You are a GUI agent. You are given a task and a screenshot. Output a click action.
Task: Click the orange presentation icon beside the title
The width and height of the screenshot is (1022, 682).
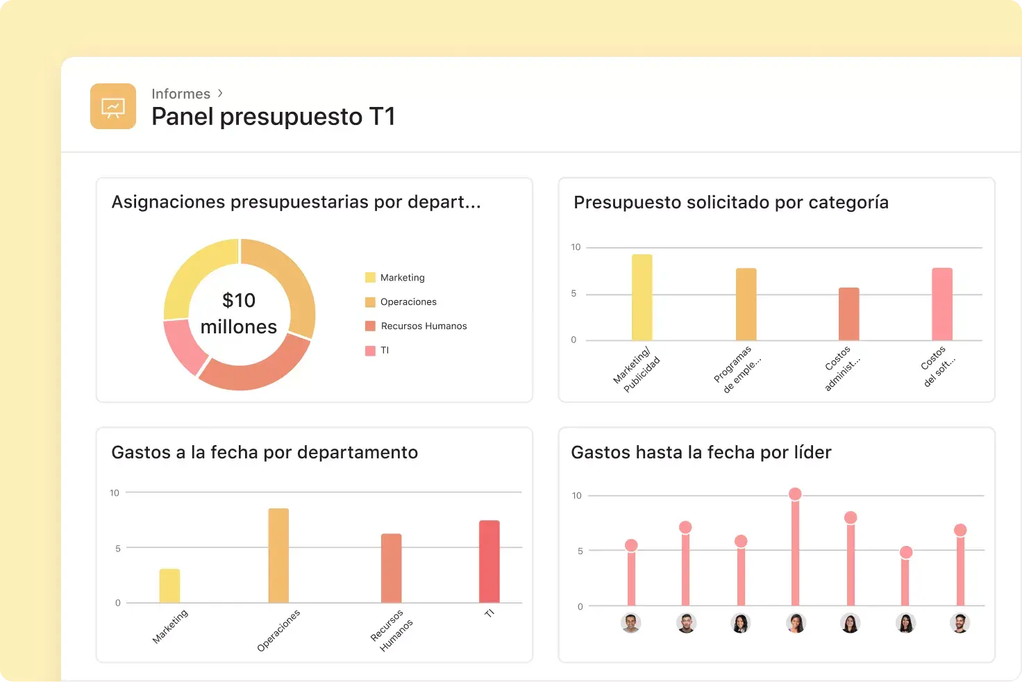coord(112,106)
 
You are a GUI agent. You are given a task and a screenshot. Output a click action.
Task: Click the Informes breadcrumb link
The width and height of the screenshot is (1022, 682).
coord(181,94)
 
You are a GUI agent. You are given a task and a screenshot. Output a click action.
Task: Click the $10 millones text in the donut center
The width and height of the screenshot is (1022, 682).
coord(239,313)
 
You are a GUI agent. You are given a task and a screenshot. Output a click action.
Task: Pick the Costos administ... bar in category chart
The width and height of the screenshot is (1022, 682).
coord(848,314)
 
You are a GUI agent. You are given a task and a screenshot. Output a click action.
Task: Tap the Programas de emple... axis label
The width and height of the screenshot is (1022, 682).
coord(737,369)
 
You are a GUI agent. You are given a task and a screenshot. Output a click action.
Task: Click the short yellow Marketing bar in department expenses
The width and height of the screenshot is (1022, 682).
coord(169,585)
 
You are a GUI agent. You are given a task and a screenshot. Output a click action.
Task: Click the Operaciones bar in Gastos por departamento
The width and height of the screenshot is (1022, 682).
coord(278,556)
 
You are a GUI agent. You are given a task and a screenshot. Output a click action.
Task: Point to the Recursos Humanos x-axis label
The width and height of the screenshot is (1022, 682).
coord(392,631)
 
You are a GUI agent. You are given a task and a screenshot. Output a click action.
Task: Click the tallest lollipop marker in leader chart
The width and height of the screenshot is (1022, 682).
coord(795,494)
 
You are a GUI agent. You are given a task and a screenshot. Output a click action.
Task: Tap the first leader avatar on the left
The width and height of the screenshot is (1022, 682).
coord(630,623)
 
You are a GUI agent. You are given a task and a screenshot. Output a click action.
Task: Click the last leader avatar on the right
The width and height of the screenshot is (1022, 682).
coord(960,623)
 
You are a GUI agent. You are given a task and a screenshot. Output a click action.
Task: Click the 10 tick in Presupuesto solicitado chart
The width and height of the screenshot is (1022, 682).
coord(576,247)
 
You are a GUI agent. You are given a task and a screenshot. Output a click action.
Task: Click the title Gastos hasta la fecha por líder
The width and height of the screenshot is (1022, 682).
coord(701,452)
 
